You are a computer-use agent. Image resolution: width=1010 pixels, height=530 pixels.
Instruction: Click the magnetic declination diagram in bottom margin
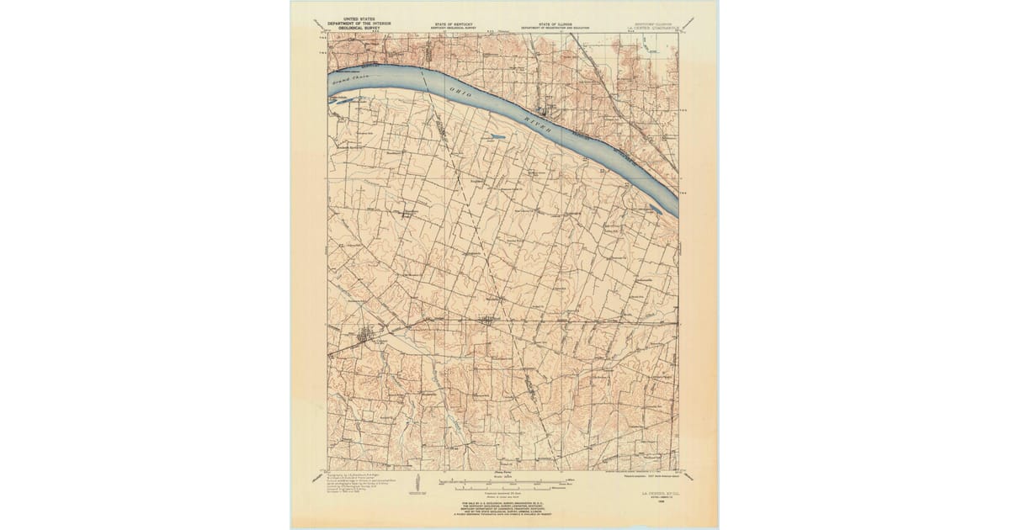(x=418, y=486)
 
